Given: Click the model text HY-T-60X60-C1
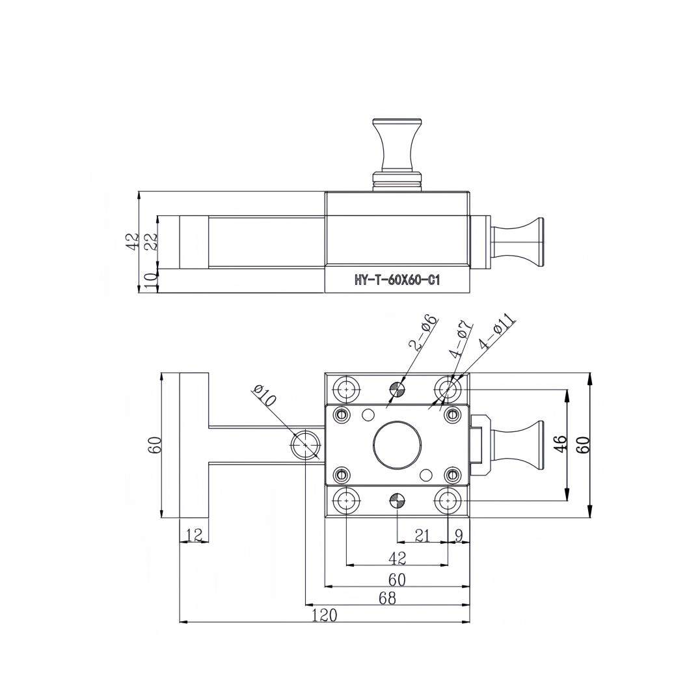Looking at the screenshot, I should point(397,280).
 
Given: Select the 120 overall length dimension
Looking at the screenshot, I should point(323,615).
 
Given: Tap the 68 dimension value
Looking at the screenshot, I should point(387,598).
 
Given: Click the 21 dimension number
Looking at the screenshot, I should point(422,535).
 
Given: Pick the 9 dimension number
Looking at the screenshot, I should point(459,535).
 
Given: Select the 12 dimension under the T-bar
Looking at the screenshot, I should point(194,535).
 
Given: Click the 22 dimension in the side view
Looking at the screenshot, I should point(150,241).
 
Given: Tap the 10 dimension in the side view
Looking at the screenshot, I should point(150,281).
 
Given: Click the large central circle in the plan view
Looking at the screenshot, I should point(397,444).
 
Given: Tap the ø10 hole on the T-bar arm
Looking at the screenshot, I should point(306,445).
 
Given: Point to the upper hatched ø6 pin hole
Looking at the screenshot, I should point(397,390).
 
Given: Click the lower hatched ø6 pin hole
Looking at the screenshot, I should point(397,501).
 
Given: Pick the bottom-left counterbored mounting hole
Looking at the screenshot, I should point(346,501).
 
